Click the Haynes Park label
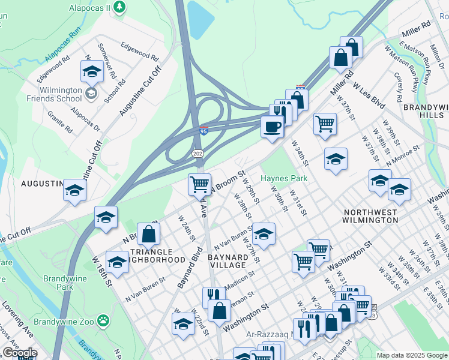[284, 178]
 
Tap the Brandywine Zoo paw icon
[103, 322]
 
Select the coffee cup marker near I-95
[272, 127]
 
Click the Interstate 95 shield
[204, 130]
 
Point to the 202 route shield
[197, 154]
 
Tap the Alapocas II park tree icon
[120, 7]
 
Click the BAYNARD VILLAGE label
[227, 260]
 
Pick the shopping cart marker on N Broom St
[199, 184]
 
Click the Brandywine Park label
[64, 283]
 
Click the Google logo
[20, 353]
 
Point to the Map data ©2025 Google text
[412, 355]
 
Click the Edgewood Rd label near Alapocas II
[139, 52]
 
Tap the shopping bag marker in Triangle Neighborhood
[148, 234]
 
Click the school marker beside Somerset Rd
[92, 71]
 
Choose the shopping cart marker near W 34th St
[325, 124]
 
